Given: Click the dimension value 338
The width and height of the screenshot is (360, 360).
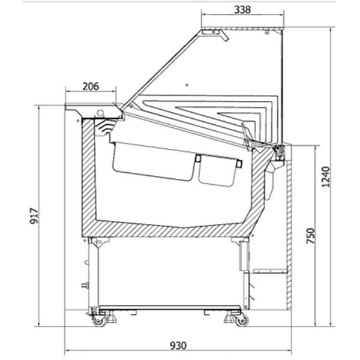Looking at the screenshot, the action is [242, 10].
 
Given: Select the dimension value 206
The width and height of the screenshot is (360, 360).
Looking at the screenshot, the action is [91, 86].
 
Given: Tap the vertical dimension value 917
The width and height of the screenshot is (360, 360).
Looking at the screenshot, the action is [34, 216].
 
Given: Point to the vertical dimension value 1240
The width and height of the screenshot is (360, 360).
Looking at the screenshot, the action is [326, 177].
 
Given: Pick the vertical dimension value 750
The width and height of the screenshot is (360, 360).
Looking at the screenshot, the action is [311, 236].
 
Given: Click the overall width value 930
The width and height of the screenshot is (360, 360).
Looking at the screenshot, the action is [178, 346].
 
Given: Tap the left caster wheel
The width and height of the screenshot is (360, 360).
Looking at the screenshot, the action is [100, 320].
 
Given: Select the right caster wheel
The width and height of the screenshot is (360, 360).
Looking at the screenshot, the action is [242, 320].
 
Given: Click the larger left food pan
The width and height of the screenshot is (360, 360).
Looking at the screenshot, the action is [154, 161].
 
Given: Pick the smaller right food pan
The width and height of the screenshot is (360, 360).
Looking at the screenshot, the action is [218, 170].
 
